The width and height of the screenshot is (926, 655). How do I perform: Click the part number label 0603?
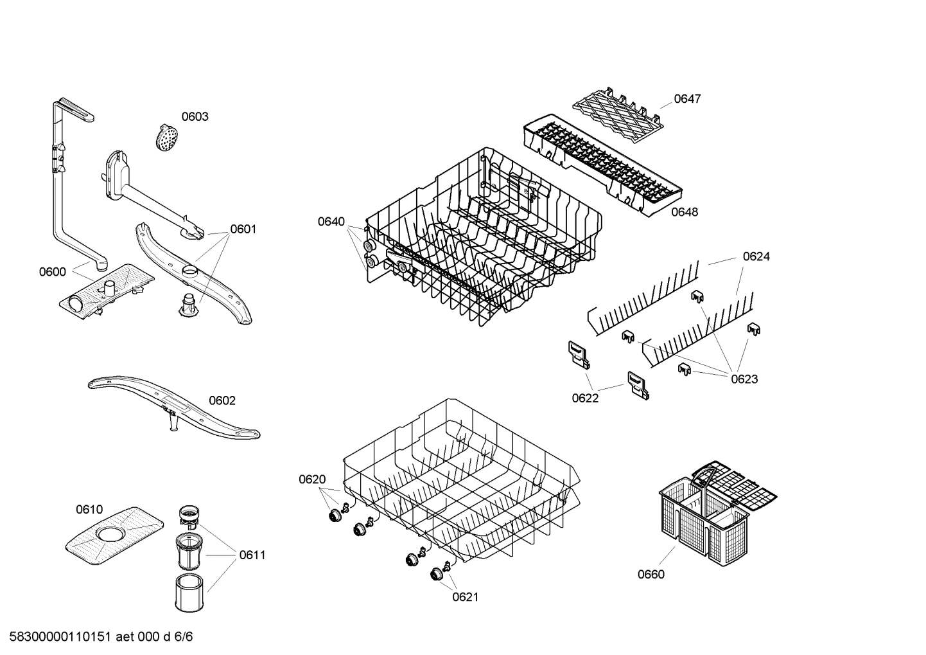(195, 116)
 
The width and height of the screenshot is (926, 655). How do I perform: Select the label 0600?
(52, 272)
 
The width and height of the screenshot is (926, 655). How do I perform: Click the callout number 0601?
(243, 229)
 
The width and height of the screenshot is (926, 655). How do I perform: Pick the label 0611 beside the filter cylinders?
(252, 555)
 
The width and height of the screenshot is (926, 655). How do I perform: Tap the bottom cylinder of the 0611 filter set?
(189, 591)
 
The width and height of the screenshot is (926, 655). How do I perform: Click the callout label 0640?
(331, 222)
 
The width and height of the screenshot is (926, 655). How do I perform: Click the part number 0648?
(685, 212)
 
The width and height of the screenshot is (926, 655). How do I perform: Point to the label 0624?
(756, 256)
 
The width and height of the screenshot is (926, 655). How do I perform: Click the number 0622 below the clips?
(585, 399)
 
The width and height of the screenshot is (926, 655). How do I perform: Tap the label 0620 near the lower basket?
(312, 480)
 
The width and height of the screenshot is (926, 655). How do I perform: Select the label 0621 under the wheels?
(465, 597)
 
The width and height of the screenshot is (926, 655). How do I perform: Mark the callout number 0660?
(651, 575)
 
